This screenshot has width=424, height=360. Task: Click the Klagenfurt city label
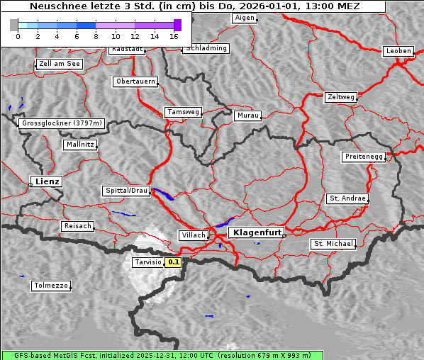[256, 232]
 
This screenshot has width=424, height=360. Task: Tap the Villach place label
[193, 235]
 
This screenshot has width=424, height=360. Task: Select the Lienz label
[46, 181]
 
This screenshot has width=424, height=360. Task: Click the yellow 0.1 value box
[174, 262]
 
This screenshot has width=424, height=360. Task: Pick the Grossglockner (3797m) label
[61, 123]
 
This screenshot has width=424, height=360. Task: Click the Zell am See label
[60, 64]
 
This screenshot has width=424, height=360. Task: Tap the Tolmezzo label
[50, 286]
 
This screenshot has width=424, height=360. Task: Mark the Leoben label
[398, 51]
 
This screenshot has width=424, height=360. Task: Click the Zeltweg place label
[340, 96]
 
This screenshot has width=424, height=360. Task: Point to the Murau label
[248, 115]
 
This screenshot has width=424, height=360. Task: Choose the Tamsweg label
[184, 112]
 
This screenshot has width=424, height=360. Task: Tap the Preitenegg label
[364, 157]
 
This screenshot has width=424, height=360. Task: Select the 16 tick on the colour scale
[174, 35]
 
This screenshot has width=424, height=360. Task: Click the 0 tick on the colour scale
[18, 35]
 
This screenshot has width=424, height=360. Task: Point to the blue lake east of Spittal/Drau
[163, 194]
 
